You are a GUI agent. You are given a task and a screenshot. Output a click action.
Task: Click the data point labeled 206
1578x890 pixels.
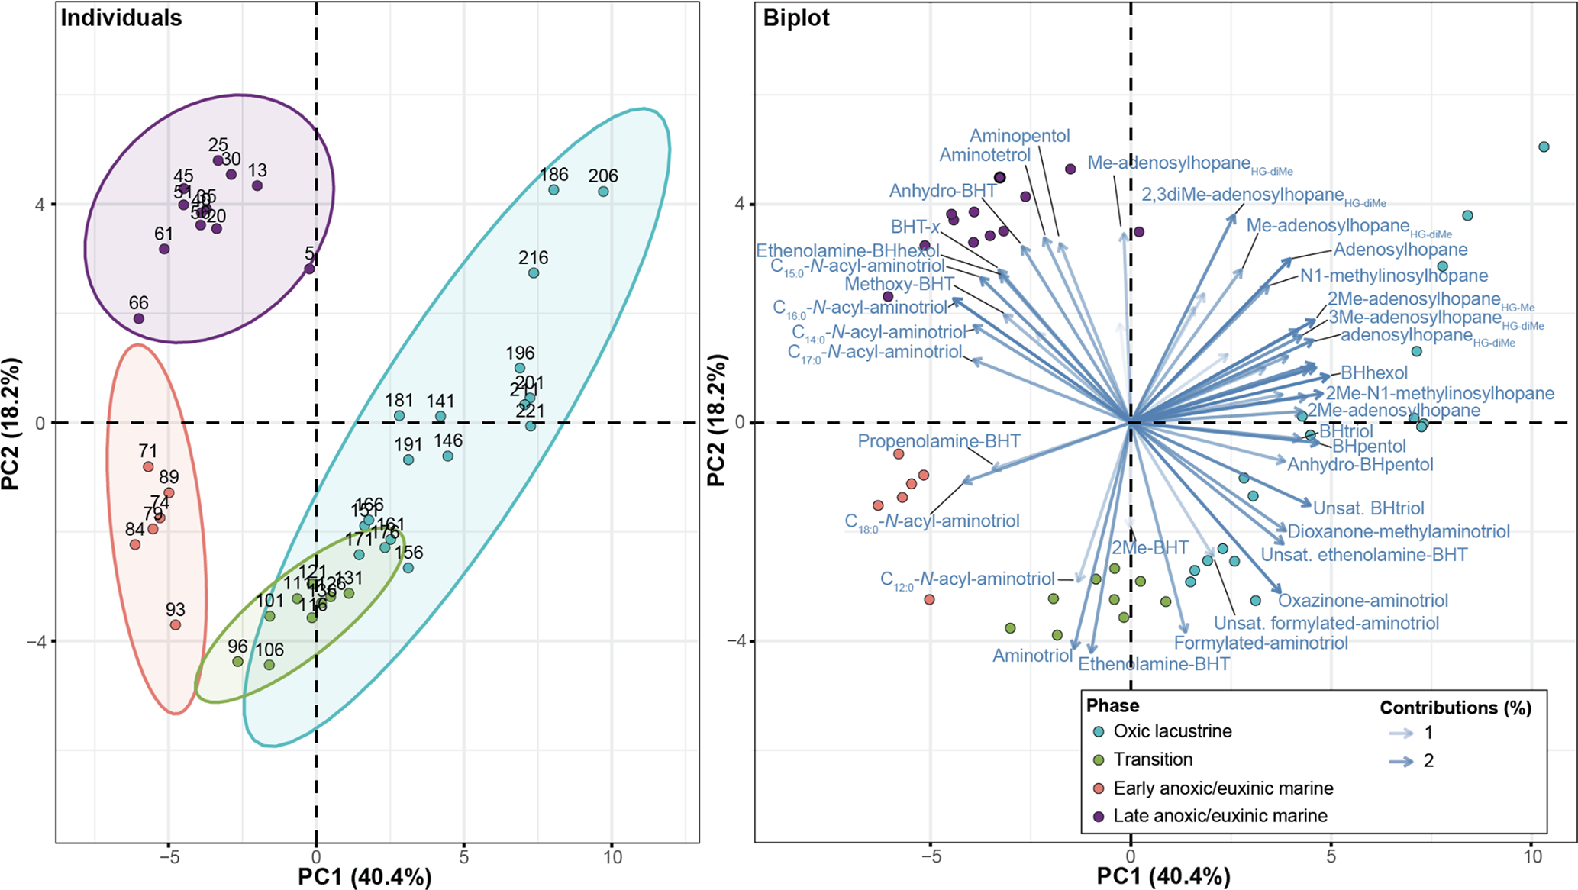point(603,192)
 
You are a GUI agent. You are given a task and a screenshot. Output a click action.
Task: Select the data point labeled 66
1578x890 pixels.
point(138,318)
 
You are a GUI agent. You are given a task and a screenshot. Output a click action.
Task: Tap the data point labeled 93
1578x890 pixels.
point(176,624)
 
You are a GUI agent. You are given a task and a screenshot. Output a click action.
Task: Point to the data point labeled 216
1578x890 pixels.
point(534,272)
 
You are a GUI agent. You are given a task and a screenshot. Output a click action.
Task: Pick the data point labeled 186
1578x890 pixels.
point(553,189)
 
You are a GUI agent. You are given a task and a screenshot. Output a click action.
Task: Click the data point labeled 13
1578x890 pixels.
point(257,185)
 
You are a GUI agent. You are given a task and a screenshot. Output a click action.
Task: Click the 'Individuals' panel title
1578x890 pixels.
point(121,18)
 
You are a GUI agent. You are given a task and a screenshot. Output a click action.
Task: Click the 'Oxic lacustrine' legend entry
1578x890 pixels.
point(1173,731)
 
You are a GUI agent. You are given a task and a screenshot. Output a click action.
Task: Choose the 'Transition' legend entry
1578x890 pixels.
point(1153,759)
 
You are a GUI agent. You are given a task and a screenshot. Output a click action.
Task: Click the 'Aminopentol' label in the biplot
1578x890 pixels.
point(1020,136)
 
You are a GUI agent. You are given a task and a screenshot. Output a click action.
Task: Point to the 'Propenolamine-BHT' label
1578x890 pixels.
point(938,441)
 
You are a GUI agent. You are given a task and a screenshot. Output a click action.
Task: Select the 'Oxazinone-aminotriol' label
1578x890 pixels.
point(1363,601)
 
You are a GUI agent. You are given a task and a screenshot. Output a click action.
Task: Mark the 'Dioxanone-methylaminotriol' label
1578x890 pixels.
point(1399,532)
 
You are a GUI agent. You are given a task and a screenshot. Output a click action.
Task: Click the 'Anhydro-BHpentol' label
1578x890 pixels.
point(1360,465)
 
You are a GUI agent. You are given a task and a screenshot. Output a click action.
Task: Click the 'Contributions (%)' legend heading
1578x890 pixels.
point(1455,708)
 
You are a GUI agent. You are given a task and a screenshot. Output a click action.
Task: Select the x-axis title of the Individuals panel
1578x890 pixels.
point(364,877)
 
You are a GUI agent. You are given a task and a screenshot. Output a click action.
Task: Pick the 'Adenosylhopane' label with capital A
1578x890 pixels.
point(1400,250)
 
